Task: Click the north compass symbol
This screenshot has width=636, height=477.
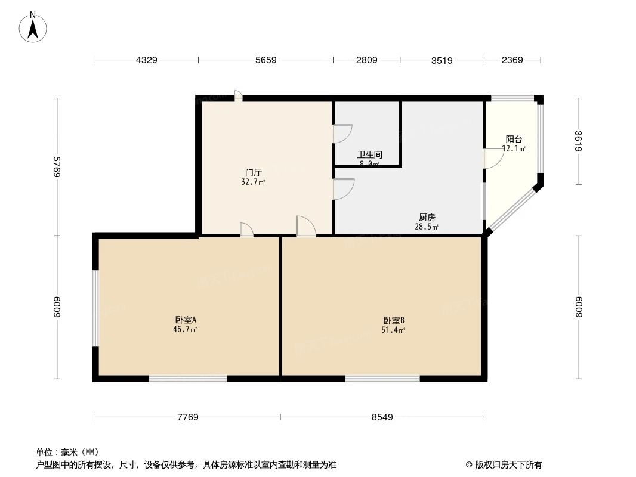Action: (34, 26)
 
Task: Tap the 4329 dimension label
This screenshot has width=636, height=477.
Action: (147, 60)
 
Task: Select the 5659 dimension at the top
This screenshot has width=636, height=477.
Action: (265, 60)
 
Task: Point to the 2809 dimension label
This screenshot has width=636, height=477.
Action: (366, 60)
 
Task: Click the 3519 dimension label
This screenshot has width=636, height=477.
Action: (442, 60)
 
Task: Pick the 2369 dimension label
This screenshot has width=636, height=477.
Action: (512, 60)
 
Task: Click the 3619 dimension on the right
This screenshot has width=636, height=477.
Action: (578, 142)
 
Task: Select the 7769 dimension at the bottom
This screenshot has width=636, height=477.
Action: (187, 417)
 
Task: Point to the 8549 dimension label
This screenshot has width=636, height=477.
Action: (382, 417)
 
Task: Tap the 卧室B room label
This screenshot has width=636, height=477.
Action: (394, 320)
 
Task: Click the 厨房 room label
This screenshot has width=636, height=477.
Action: (427, 218)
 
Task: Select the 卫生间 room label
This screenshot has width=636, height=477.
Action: (369, 154)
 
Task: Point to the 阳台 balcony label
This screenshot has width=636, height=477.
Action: (513, 140)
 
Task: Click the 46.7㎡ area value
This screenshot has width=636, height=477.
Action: (185, 329)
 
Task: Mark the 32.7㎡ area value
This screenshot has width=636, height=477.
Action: (249, 182)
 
